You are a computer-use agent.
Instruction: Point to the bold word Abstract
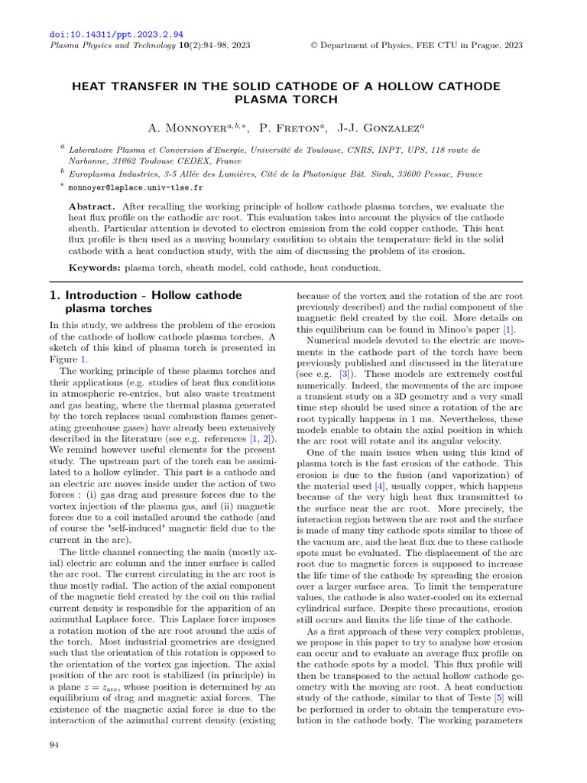point(92,207)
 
